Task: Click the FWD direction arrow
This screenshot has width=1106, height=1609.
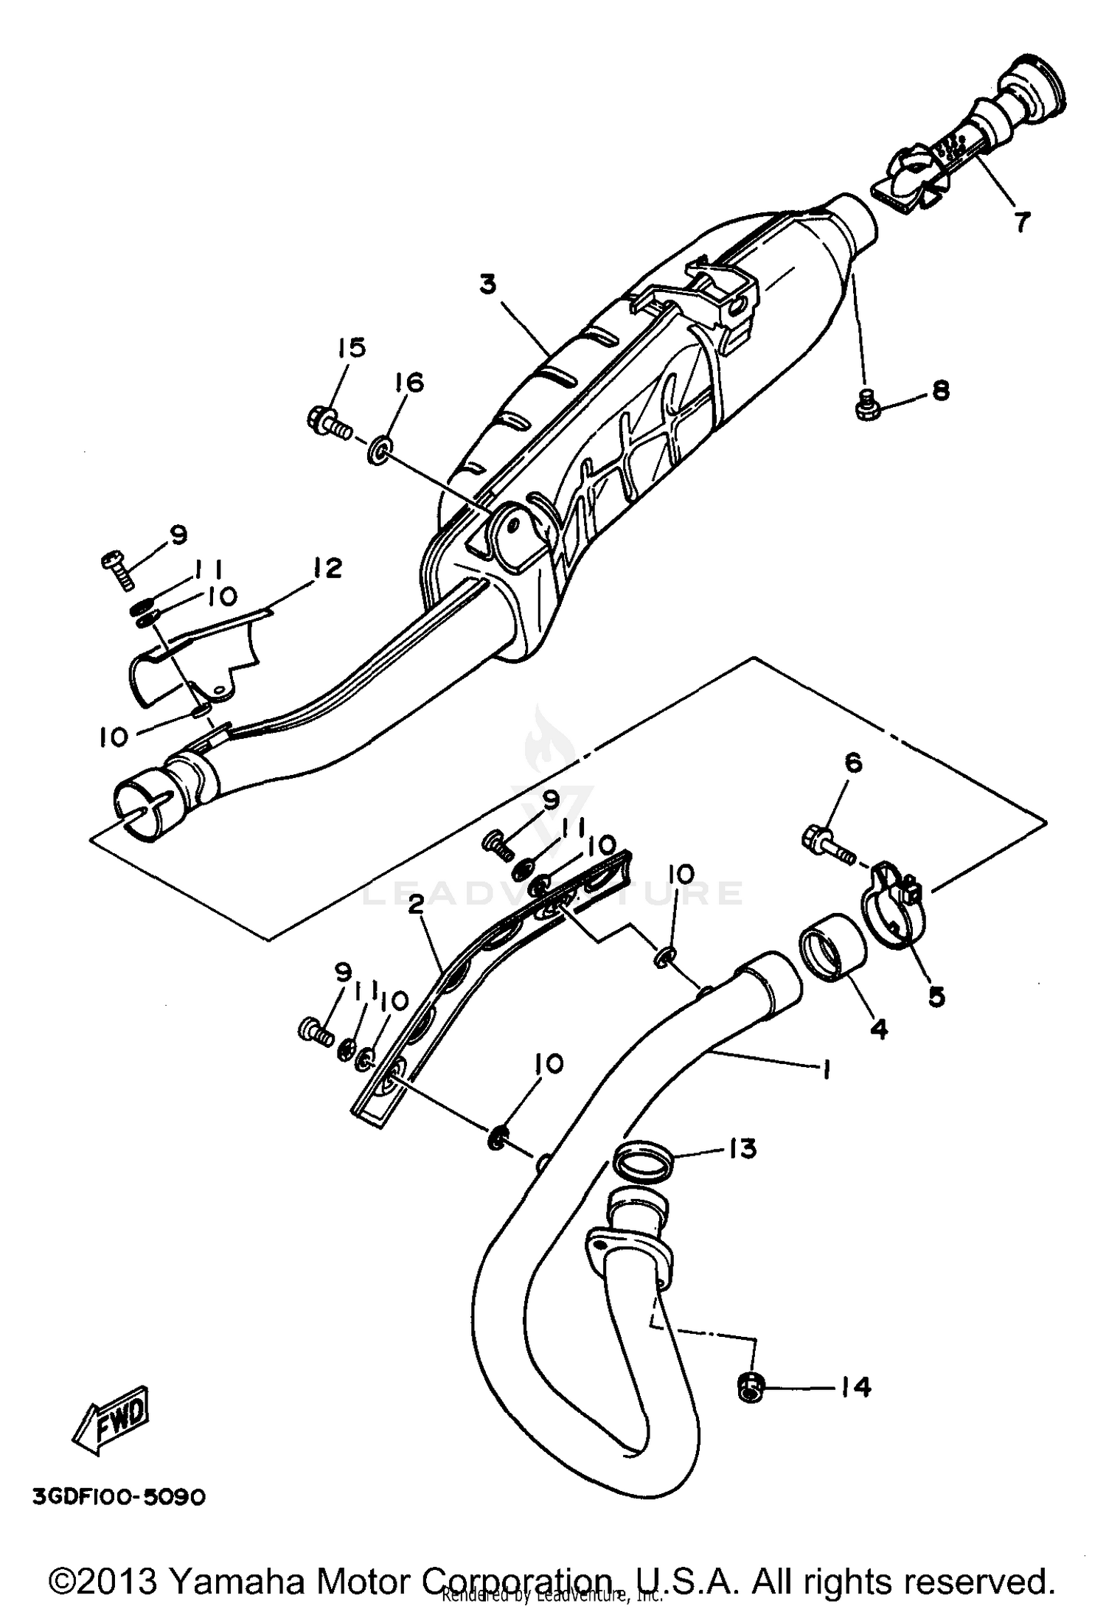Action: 112,1420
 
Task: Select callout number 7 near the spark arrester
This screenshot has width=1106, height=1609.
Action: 1021,220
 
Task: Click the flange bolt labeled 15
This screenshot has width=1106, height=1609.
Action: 328,422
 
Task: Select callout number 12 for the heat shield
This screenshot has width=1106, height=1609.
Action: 327,569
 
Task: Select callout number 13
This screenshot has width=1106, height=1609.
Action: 743,1147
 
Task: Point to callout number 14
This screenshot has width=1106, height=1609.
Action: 855,1388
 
